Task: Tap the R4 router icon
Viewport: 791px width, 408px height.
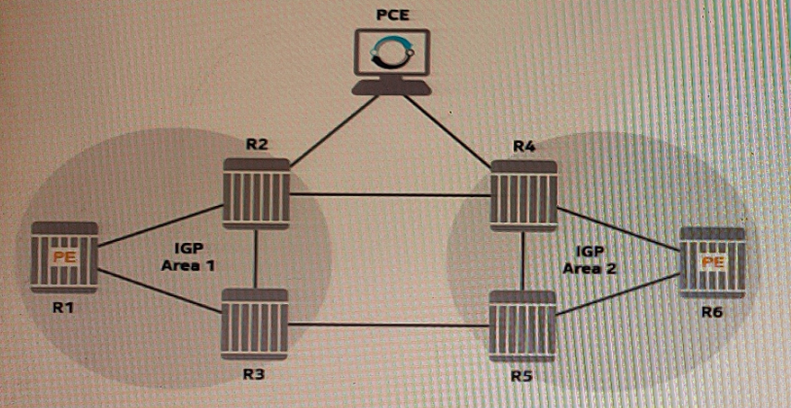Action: point(524,193)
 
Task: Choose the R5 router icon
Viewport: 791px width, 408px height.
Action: point(521,323)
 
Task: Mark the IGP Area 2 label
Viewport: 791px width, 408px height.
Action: point(590,258)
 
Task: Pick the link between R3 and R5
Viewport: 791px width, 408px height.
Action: point(388,324)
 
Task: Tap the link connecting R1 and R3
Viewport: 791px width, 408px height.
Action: point(156,291)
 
